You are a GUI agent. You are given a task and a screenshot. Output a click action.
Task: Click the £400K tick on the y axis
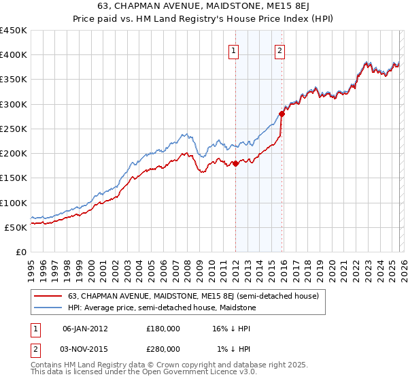pos(14,55)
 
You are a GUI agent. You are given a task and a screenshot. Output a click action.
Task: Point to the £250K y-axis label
pos(14,129)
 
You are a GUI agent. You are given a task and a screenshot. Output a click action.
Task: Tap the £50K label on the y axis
pos(16,227)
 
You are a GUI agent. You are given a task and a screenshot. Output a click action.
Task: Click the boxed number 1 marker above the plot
pos(234,50)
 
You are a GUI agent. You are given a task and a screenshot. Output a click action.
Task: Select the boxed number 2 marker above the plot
pos(279,50)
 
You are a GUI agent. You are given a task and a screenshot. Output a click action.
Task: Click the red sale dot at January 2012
pos(235,163)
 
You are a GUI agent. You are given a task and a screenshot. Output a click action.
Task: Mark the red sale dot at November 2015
pos(282,114)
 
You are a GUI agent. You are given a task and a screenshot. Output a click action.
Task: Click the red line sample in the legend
pos(49,296)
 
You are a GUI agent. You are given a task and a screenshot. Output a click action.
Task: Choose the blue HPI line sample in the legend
pos(49,308)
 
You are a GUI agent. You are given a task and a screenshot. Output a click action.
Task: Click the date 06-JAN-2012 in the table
pos(84,329)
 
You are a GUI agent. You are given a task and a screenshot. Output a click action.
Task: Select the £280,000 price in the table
pos(163,348)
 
